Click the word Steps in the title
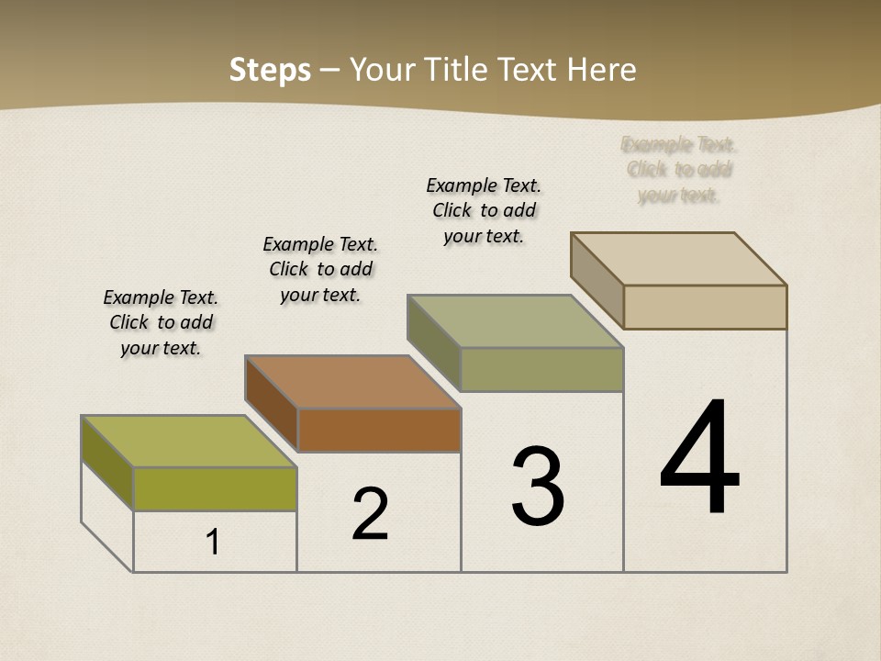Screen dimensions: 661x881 [x=270, y=70]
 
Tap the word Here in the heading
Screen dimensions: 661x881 [x=601, y=70]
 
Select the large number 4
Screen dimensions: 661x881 [x=700, y=459]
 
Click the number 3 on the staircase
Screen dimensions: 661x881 [x=538, y=487]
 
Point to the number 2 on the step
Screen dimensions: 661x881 [x=371, y=514]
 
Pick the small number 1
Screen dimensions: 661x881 [x=213, y=543]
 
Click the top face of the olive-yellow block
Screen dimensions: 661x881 [x=189, y=441]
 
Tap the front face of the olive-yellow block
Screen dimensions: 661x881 [x=215, y=488]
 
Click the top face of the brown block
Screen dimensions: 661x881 [x=352, y=381]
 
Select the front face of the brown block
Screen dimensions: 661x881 [x=379, y=430]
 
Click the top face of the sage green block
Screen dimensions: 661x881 [x=516, y=321]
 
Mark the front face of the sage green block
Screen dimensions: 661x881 [x=541, y=369]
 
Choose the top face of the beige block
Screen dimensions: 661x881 [x=679, y=258]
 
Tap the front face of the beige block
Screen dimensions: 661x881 [x=705, y=307]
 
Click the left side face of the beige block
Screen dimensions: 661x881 [x=597, y=279]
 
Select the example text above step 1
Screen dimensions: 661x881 [x=161, y=322]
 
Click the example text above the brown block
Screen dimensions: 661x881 [x=320, y=269]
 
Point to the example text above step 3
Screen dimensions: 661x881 [x=484, y=210]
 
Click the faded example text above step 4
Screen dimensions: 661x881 [x=679, y=170]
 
